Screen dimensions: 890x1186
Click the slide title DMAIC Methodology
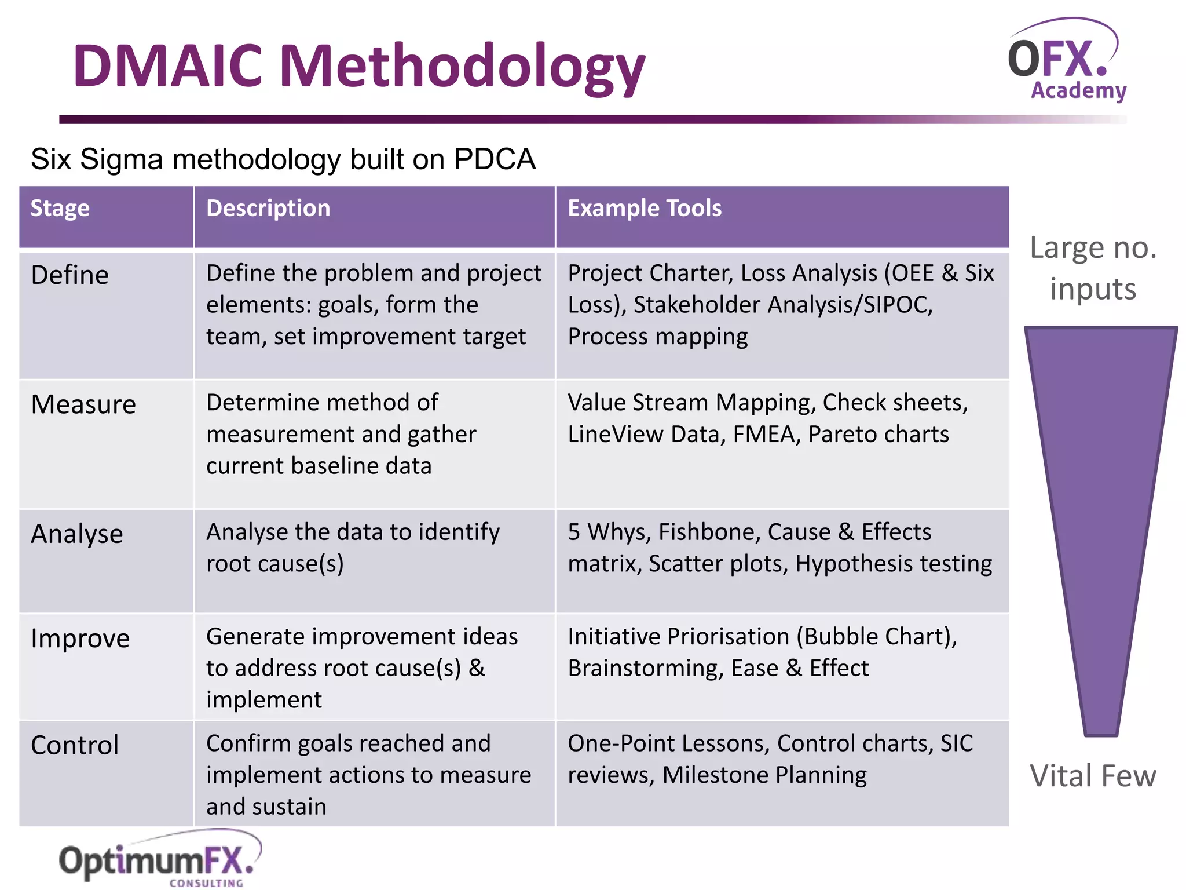click(359, 67)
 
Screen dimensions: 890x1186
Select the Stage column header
click(60, 209)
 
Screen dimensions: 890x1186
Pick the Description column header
click(268, 209)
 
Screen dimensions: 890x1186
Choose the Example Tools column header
click(645, 209)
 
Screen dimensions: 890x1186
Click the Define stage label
click(70, 275)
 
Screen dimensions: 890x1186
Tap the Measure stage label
click(83, 404)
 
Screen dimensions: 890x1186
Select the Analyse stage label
click(77, 534)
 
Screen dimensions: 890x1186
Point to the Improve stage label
click(80, 639)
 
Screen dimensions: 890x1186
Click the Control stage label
click(75, 745)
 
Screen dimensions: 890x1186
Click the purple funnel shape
click(1100, 493)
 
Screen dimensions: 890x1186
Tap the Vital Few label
click(1093, 776)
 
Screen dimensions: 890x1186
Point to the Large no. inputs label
click(1093, 268)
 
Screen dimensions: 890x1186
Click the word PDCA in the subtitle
click(495, 159)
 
